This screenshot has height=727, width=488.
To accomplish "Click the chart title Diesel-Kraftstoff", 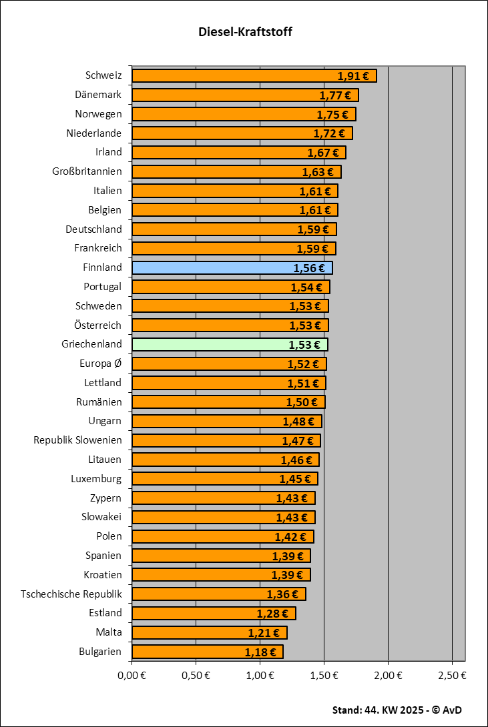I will point(245,32).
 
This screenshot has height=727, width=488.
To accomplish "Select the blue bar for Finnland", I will point(232,268).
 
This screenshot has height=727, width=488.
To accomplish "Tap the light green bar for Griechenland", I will point(230,345).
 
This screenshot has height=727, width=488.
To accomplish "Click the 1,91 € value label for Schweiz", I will point(353,76).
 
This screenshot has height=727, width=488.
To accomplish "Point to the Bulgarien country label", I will point(100,652).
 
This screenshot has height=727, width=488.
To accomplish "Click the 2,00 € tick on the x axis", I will point(389,675).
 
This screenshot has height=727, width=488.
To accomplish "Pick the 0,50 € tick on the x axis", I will point(196,675).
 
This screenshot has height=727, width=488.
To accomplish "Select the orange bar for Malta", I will point(209,632).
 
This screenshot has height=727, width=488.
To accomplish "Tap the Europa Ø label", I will point(100,364).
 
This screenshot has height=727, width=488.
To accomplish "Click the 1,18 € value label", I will point(260,652).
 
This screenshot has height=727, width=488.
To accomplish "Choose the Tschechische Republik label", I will point(71,594).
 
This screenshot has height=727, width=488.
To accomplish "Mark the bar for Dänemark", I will point(245,95).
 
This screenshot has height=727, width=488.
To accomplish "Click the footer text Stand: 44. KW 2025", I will point(397,710).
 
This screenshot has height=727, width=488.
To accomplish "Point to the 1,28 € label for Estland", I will point(272,614).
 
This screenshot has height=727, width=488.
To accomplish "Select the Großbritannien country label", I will point(87,172).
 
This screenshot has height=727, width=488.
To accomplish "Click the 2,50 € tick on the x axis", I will point(453,675).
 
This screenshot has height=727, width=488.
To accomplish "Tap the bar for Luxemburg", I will point(224,479).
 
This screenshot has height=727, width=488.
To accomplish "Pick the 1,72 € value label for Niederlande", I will point(330,134).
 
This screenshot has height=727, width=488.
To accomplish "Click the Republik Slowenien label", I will point(77,440).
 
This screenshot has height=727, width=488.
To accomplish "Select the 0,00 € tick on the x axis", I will point(132,675).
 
